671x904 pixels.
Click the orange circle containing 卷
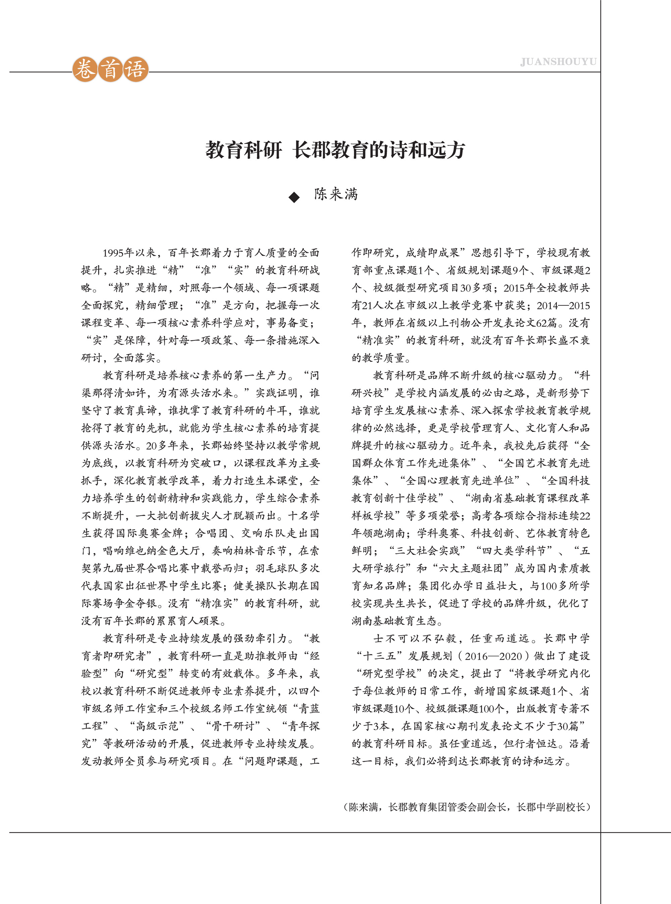pyautogui.click(x=85, y=69)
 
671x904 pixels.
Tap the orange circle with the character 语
pyautogui.click(x=136, y=69)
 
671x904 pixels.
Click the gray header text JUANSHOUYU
pyautogui.click(x=558, y=62)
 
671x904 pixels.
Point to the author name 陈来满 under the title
pyautogui.click(x=336, y=194)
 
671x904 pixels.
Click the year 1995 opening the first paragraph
pyautogui.click(x=113, y=253)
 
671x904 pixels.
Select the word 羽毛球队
pyautogui.click(x=276, y=568)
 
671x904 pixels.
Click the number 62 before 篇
pyautogui.click(x=541, y=323)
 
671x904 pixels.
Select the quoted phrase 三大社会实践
pyautogui.click(x=427, y=551)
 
